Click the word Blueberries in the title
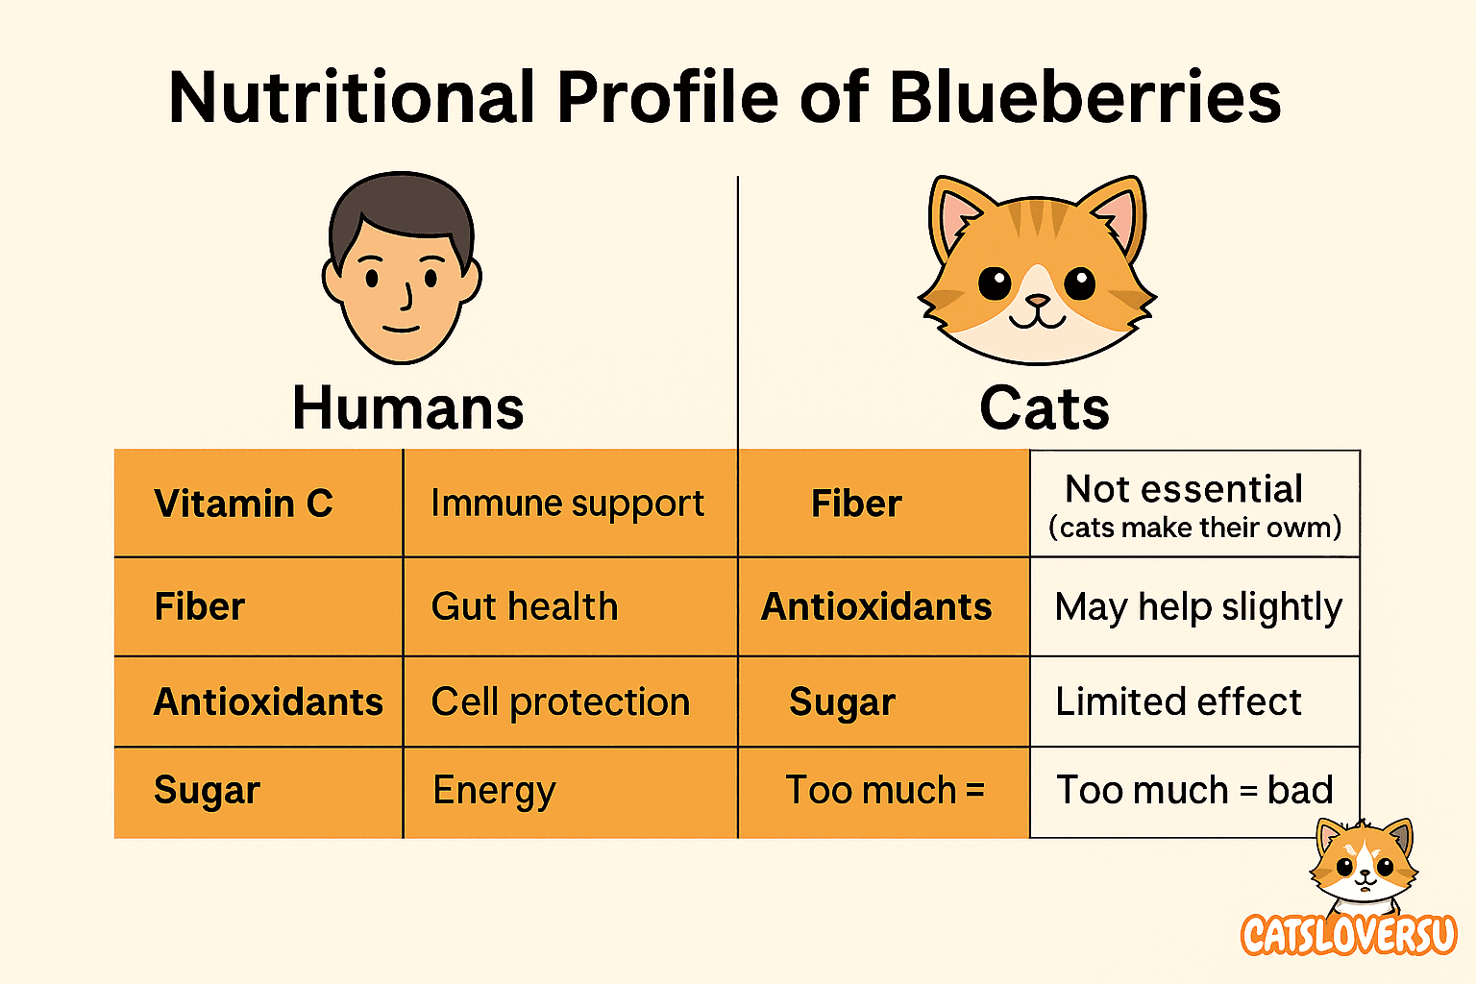point(1085,97)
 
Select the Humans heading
point(407,408)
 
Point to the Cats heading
point(1045,408)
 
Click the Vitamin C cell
point(258,504)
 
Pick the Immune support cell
point(571,504)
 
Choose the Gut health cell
point(571,606)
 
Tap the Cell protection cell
point(571,701)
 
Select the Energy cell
point(571,792)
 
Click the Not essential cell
point(1194,504)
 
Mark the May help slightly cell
point(1194,606)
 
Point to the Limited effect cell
point(1194,701)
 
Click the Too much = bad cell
point(1194,792)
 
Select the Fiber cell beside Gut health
point(258,606)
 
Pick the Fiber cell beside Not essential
point(884,504)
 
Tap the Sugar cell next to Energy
point(258,792)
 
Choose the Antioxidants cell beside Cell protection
point(258,701)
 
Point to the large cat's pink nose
point(1037,301)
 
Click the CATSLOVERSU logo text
point(1349,934)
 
